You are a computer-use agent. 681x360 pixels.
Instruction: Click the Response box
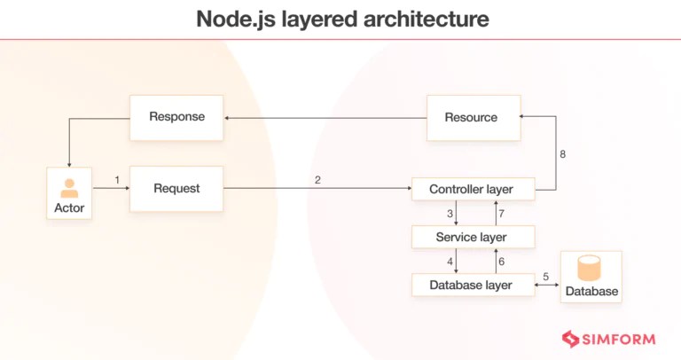(176, 117)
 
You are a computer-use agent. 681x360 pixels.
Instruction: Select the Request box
(176, 188)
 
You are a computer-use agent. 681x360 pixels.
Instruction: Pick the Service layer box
(473, 237)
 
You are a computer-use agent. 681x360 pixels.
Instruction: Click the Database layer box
(473, 285)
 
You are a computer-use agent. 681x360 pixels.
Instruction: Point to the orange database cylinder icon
(590, 269)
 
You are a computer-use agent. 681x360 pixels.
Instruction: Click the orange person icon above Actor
(69, 188)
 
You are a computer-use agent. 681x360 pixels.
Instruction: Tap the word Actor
(69, 208)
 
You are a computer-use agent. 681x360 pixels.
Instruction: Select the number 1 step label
(117, 180)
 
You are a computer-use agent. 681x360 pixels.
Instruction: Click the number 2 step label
(317, 180)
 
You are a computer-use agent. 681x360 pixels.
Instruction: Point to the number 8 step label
(562, 154)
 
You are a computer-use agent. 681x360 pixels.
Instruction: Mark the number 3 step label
(450, 214)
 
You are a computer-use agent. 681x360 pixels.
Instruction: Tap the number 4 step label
(450, 262)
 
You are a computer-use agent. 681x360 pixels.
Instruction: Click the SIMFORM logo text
(619, 338)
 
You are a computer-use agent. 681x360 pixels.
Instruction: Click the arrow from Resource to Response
(324, 117)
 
